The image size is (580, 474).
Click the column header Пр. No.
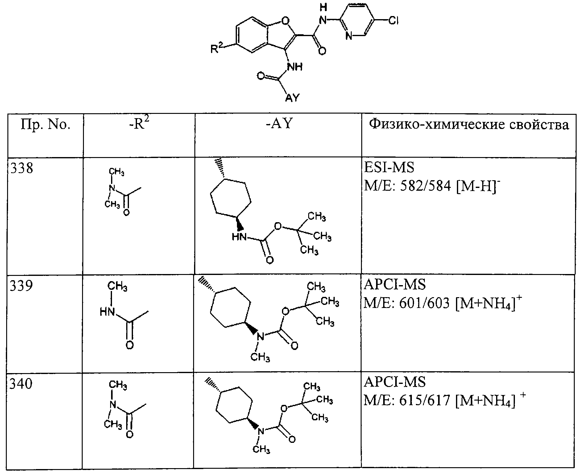click(x=46, y=125)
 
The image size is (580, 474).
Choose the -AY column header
click(x=279, y=124)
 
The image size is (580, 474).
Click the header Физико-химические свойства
click(x=469, y=124)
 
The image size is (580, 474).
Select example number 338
click(x=22, y=168)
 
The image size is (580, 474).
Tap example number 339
click(x=21, y=285)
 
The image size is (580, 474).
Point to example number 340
click(x=21, y=384)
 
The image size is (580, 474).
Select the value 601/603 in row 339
click(x=425, y=304)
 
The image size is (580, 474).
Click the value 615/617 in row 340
click(x=425, y=401)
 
